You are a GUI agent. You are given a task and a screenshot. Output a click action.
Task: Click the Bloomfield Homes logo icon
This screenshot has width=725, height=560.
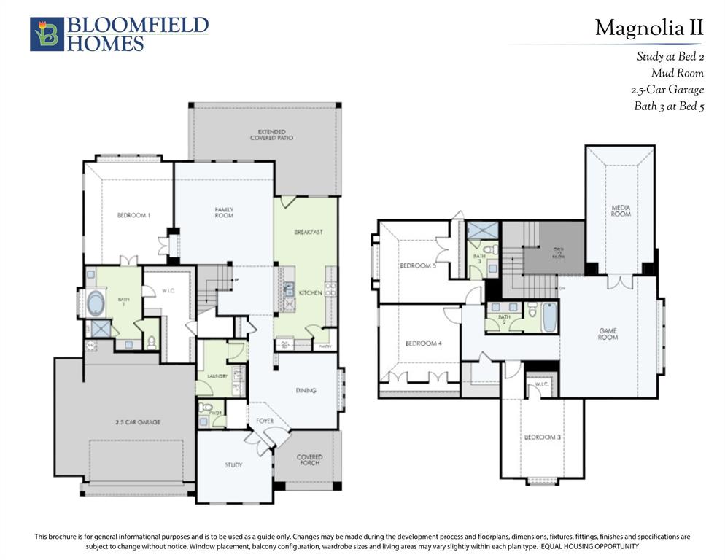coord(47,34)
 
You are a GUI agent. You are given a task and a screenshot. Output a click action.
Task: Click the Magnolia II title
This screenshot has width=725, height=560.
coord(648,28)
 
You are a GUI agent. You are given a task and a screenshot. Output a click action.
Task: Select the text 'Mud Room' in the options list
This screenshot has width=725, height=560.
coord(677,73)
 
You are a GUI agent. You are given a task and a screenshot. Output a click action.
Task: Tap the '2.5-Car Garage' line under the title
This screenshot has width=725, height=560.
coord(667,90)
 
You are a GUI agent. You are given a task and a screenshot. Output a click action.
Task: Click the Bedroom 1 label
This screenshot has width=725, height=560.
coord(134,215)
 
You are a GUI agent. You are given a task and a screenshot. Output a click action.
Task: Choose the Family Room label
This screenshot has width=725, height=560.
coord(224,213)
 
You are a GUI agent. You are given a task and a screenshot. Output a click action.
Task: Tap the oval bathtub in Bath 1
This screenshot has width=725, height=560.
coord(96,303)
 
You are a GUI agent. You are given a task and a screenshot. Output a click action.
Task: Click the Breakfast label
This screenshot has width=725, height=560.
coord(308,232)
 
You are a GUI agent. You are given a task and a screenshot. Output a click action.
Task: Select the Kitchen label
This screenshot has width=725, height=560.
coord(310,292)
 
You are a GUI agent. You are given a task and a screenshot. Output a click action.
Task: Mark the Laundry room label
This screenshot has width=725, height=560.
coord(217,376)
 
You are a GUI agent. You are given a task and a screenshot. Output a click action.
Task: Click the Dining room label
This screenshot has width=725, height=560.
coord(306,390)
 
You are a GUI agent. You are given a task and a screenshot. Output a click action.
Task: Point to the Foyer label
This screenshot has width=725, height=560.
coord(264,421)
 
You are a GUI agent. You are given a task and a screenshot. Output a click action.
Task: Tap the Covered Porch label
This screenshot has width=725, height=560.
coord(309,460)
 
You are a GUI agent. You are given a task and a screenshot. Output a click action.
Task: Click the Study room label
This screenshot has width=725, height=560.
coord(233,464)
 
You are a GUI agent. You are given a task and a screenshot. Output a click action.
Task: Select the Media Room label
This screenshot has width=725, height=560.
coord(620,211)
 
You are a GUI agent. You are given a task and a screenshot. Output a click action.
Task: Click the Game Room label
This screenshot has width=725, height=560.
coord(608,333)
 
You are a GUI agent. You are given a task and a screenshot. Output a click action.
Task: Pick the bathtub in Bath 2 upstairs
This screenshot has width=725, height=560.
coord(549,318)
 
